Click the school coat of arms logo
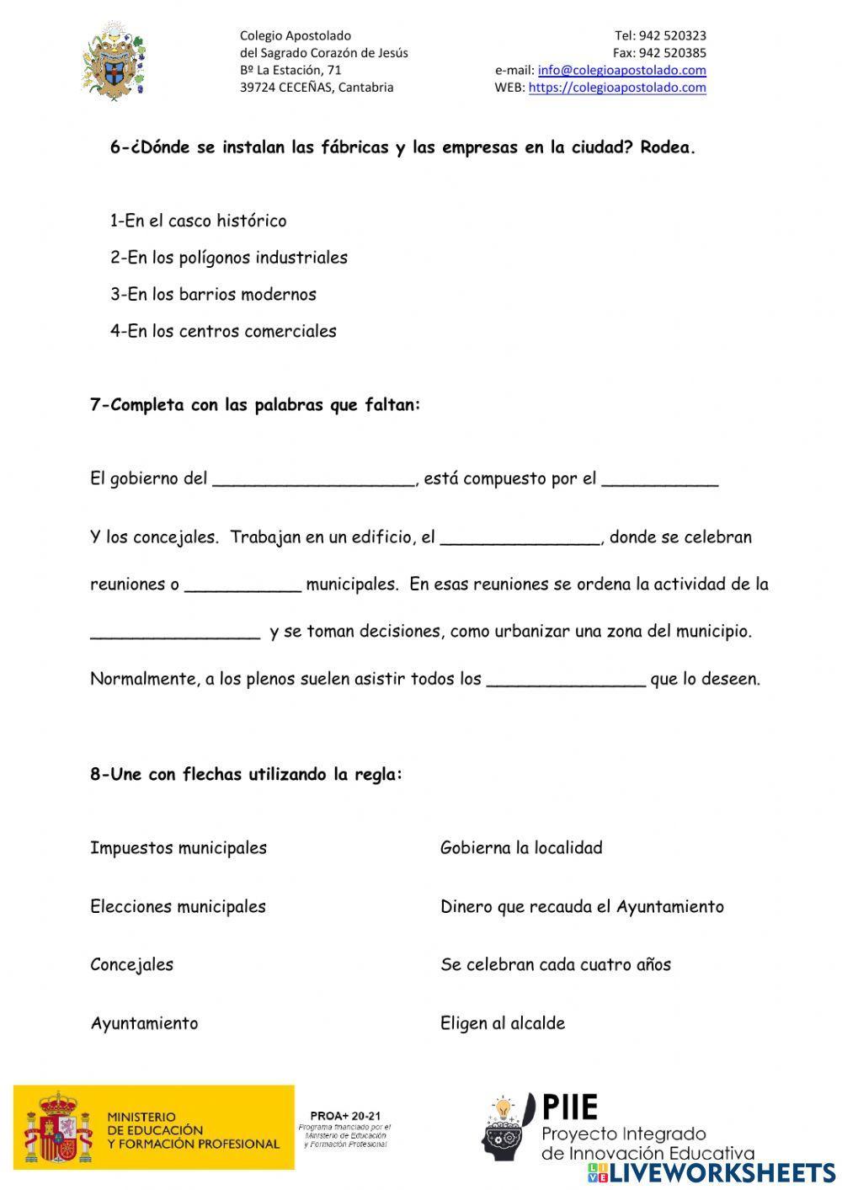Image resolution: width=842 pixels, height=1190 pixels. tap(113, 62)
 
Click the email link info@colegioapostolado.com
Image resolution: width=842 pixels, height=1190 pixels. tap(621, 70)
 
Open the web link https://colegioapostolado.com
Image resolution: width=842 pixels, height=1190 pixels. tap(616, 87)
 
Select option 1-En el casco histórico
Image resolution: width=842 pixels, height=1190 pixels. tap(198, 221)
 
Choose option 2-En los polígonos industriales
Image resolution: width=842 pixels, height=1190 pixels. tap(228, 258)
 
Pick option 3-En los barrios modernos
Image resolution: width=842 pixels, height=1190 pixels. tap(213, 295)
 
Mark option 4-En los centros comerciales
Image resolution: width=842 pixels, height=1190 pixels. tap(223, 331)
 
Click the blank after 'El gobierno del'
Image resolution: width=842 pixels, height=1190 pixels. tap(313, 478)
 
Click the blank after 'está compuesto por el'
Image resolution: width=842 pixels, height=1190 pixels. tap(660, 478)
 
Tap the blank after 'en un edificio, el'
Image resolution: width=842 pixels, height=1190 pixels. tap(520, 537)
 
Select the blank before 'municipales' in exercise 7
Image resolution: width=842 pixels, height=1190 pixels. tap(242, 584)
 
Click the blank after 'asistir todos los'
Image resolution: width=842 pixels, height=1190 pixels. tap(566, 679)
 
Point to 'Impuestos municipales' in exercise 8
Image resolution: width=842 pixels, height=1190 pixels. tap(178, 848)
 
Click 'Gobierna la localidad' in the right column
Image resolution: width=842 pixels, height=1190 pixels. tap(521, 848)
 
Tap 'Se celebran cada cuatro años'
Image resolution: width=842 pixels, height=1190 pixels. tap(555, 965)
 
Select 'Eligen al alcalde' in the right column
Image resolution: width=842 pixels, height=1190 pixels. tap(502, 1023)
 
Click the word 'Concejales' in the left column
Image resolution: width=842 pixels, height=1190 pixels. tap(131, 965)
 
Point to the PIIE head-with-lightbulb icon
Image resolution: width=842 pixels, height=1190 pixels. tap(508, 1127)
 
